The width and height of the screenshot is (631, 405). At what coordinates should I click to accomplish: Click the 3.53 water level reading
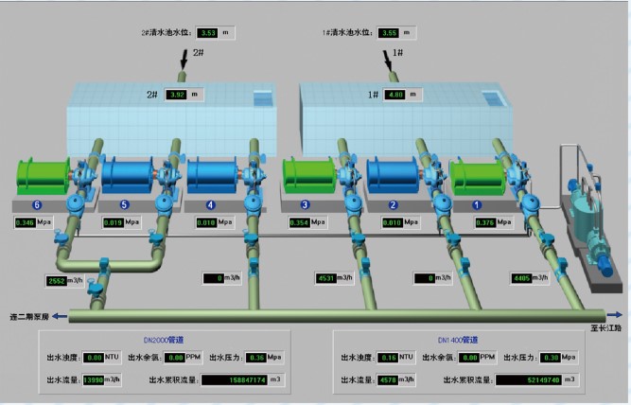(x=209, y=33)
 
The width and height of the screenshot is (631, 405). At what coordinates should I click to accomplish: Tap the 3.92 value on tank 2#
(x=177, y=95)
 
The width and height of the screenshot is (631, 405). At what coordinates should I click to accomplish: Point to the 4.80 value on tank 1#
(x=395, y=95)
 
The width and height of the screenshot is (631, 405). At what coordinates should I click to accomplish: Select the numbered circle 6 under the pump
(x=37, y=204)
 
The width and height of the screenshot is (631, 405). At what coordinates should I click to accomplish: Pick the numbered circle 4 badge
(x=210, y=204)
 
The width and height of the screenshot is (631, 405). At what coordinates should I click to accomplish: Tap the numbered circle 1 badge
(x=477, y=204)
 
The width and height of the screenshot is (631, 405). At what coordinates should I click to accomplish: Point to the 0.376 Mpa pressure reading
(x=484, y=223)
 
